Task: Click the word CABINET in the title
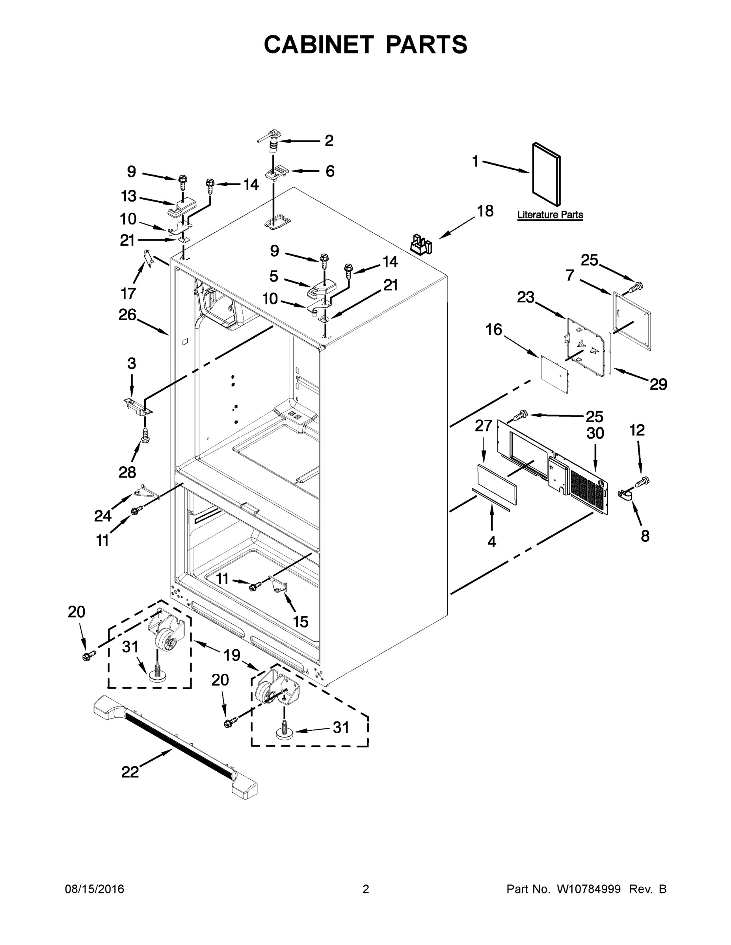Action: click(319, 44)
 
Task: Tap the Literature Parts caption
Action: click(550, 215)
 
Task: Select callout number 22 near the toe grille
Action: click(130, 772)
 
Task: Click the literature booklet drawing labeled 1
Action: click(546, 174)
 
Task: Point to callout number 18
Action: click(485, 211)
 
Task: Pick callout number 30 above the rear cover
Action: click(595, 433)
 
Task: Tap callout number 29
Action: click(658, 384)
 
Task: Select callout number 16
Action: click(494, 330)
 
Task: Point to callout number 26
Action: click(127, 315)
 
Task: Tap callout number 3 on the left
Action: click(132, 363)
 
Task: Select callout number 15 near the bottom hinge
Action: click(301, 622)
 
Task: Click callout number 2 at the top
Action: click(329, 141)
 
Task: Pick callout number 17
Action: click(128, 293)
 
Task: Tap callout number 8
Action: click(645, 536)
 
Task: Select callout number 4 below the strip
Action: click(491, 541)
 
